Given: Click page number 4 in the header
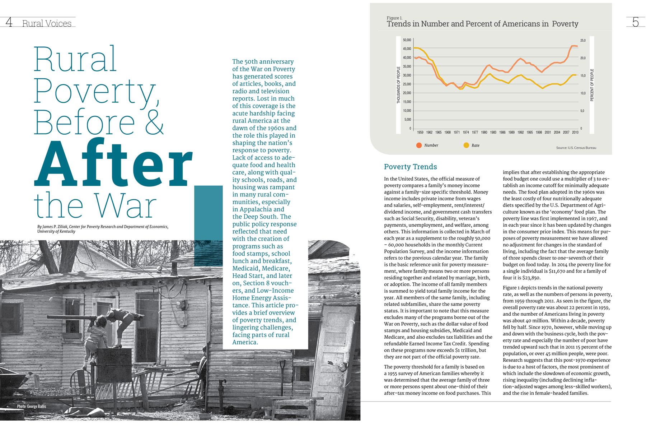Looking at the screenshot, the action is pyautogui.click(x=9, y=22).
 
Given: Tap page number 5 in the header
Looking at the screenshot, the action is pyautogui.click(x=636, y=22).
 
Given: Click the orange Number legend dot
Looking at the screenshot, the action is pyautogui.click(x=419, y=145).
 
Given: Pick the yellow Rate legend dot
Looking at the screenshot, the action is pyautogui.click(x=466, y=145).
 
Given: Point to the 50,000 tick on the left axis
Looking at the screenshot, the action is pyautogui.click(x=407, y=40).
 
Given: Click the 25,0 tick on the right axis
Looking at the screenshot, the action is pyautogui.click(x=583, y=41).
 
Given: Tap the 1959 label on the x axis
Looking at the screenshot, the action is pyautogui.click(x=420, y=133).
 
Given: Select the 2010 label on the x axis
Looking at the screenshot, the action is pyautogui.click(x=575, y=133).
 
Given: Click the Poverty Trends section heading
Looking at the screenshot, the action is pyautogui.click(x=411, y=167).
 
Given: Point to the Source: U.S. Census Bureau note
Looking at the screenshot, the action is pyautogui.click(x=576, y=148).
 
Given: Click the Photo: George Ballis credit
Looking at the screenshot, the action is pyautogui.click(x=32, y=406).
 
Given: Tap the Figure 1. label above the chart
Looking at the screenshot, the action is pyautogui.click(x=394, y=18).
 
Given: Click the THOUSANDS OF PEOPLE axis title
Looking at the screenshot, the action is pyautogui.click(x=398, y=85).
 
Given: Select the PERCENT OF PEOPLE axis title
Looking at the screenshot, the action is pyautogui.click(x=592, y=85).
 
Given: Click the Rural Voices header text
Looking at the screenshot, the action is pyautogui.click(x=47, y=23).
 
